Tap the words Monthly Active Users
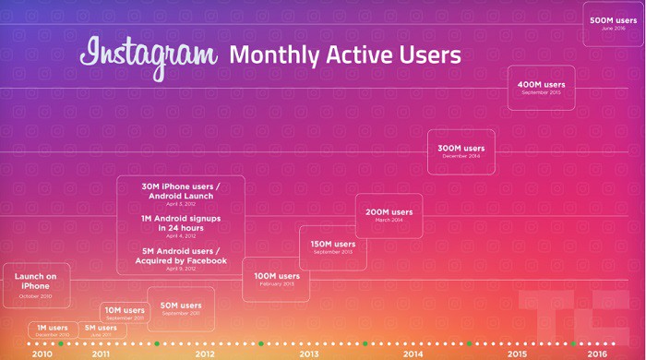(344, 55)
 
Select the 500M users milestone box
(614, 23)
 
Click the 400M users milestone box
(541, 88)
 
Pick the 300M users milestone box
(461, 151)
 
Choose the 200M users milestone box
(389, 216)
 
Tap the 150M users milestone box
(332, 247)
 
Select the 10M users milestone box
(124, 313)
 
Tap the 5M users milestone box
(101, 330)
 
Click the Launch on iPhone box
(37, 284)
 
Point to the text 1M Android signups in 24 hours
(181, 223)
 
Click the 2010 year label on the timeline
(42, 354)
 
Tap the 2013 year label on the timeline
(308, 354)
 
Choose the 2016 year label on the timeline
(597, 354)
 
